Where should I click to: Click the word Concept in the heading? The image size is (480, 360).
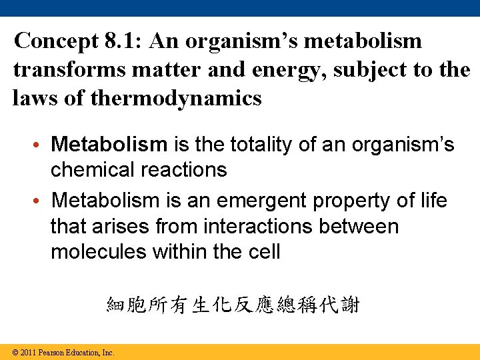[x=56, y=41]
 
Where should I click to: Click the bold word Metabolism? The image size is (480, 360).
[x=109, y=144]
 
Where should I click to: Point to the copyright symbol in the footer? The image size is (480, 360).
[x=15, y=352]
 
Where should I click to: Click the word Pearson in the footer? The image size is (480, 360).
[x=51, y=352]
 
